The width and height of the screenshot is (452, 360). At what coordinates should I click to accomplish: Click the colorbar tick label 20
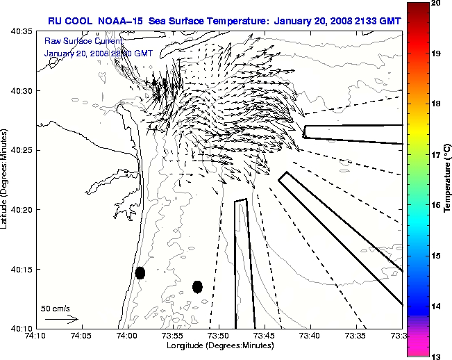435,3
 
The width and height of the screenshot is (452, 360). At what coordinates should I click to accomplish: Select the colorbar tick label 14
435,306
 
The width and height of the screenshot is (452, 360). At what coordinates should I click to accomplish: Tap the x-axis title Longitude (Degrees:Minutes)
219,345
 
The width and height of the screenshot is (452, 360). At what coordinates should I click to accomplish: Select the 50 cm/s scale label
56,308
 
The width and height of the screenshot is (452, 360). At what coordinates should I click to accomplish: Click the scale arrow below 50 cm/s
62,320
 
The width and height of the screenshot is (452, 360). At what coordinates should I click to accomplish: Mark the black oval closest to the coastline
140,272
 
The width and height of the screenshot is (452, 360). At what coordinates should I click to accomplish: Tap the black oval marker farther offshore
197,286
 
